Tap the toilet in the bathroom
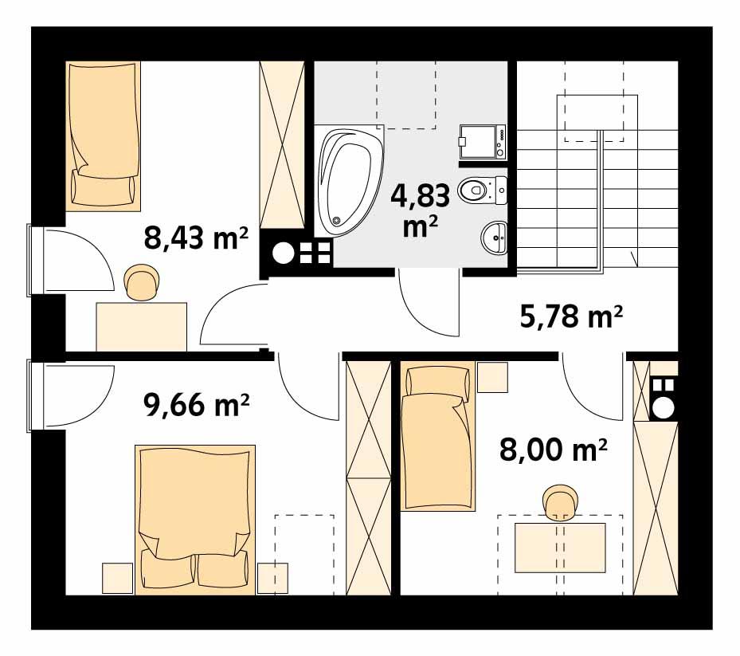coord(481,190)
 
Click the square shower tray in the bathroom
coord(483,142)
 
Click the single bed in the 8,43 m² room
coord(104,136)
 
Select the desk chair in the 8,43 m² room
coord(142,284)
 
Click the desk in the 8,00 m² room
coord(560,547)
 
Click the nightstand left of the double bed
coord(116,578)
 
